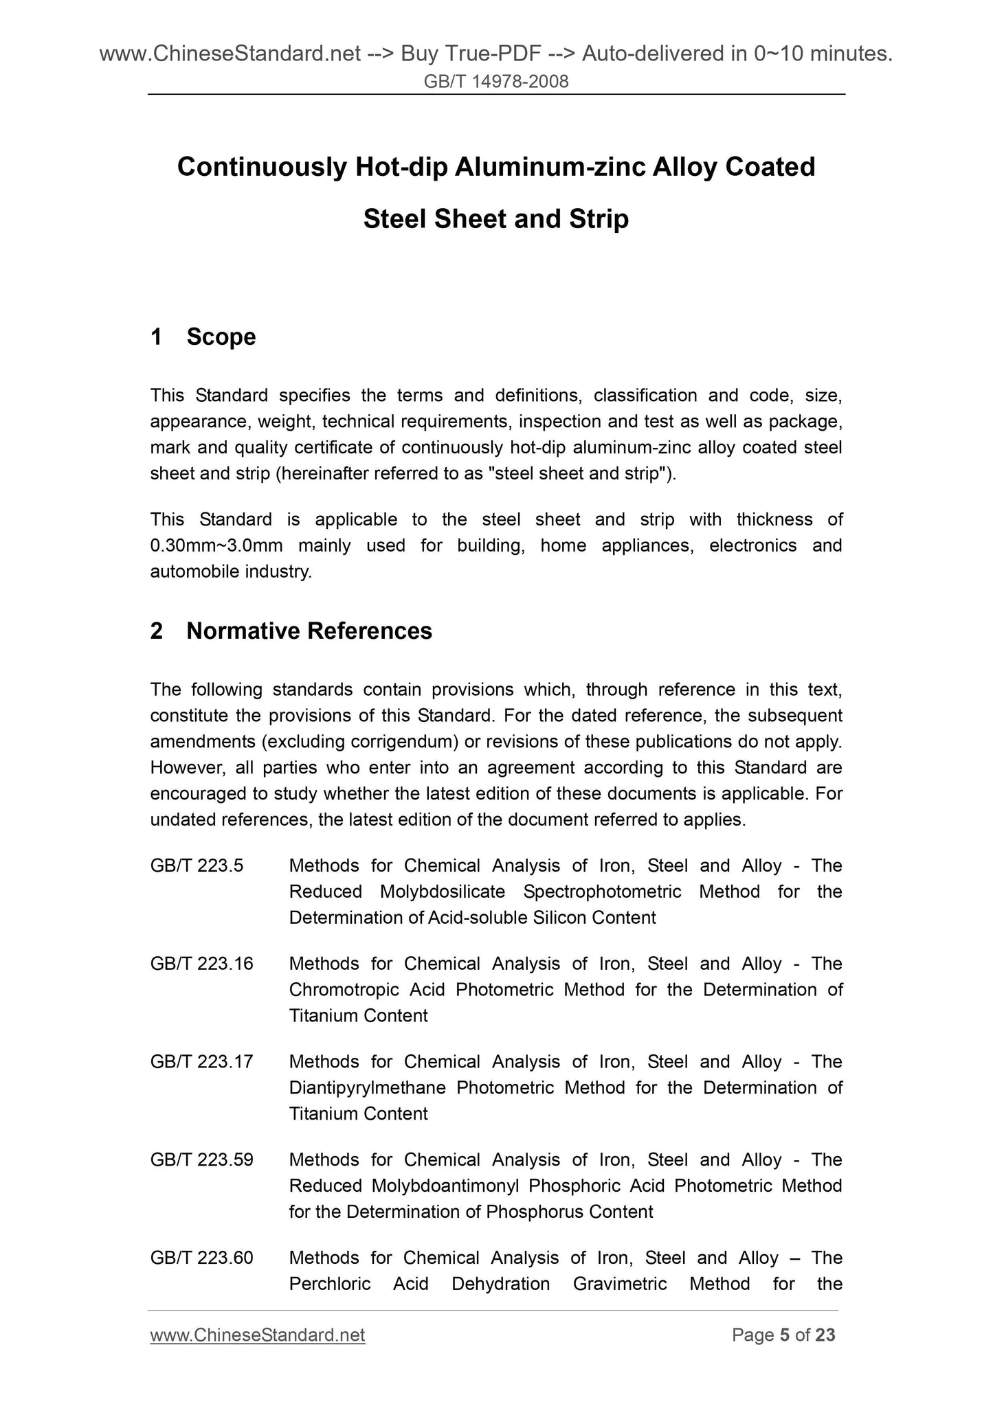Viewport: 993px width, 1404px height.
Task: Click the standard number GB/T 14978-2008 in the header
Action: click(x=496, y=82)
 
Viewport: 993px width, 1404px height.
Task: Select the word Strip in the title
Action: click(x=599, y=219)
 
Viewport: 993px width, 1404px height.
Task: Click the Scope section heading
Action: click(x=221, y=337)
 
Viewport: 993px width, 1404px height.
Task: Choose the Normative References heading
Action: click(x=309, y=631)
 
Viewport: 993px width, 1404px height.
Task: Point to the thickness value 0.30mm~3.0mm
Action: click(x=216, y=545)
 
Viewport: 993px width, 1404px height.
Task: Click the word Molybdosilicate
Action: click(x=442, y=892)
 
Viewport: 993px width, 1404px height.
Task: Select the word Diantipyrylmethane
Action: click(x=367, y=1088)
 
